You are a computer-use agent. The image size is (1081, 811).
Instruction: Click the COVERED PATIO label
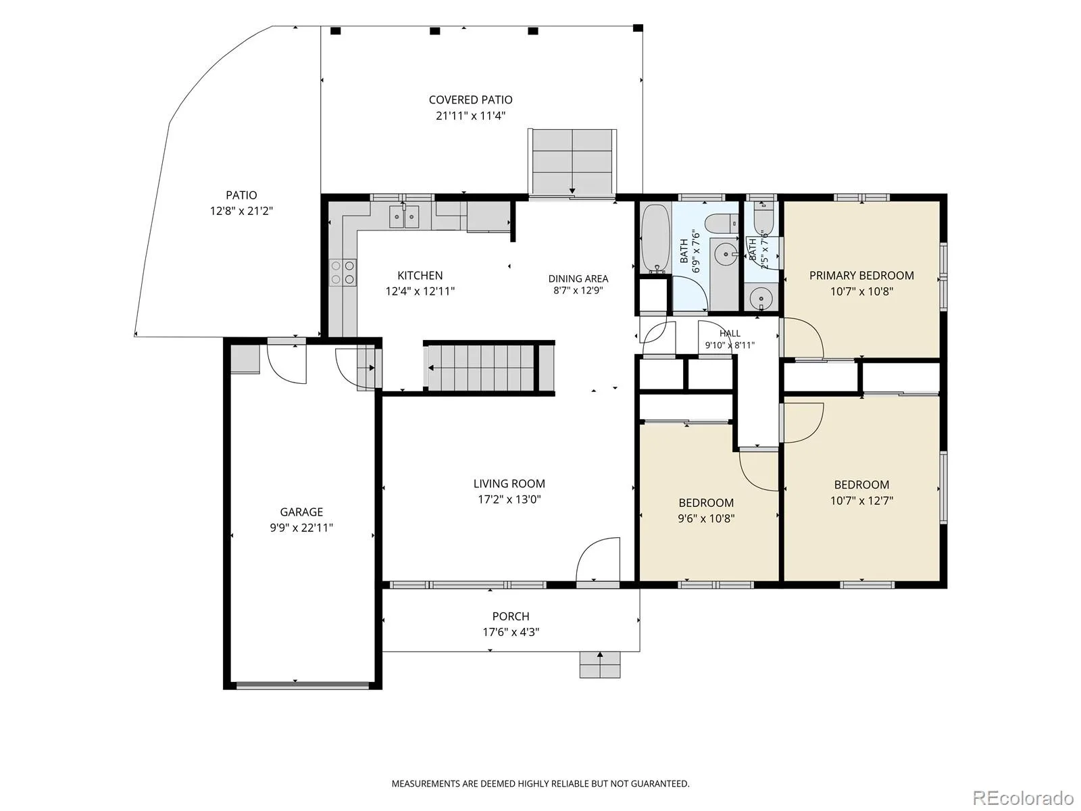pos(470,100)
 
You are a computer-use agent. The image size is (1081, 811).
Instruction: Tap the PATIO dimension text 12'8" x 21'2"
pos(241,212)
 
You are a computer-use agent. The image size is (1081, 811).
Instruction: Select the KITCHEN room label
pos(420,276)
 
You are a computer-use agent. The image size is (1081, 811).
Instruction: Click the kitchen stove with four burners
pos(343,272)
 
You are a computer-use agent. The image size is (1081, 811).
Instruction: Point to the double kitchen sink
pos(404,217)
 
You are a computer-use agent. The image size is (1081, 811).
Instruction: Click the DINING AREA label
pos(578,278)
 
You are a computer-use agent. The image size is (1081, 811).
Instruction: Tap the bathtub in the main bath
pos(655,239)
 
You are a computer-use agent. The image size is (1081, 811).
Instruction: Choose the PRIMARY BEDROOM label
pos(861,276)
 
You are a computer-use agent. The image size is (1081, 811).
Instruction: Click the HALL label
pos(730,333)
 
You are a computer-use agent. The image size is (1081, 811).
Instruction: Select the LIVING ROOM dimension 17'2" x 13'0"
pos(509,500)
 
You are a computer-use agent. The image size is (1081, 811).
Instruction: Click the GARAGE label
pos(301,512)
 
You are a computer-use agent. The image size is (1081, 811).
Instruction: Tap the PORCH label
pos(511,616)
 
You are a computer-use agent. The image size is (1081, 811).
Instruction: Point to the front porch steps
pos(599,665)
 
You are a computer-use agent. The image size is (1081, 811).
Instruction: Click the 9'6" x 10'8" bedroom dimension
pos(706,518)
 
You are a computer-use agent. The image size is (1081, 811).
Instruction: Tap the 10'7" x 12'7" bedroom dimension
pos(861,501)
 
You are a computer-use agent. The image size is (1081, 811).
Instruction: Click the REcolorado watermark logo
pos(1026,797)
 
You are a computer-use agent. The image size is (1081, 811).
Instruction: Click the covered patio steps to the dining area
pos(572,162)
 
